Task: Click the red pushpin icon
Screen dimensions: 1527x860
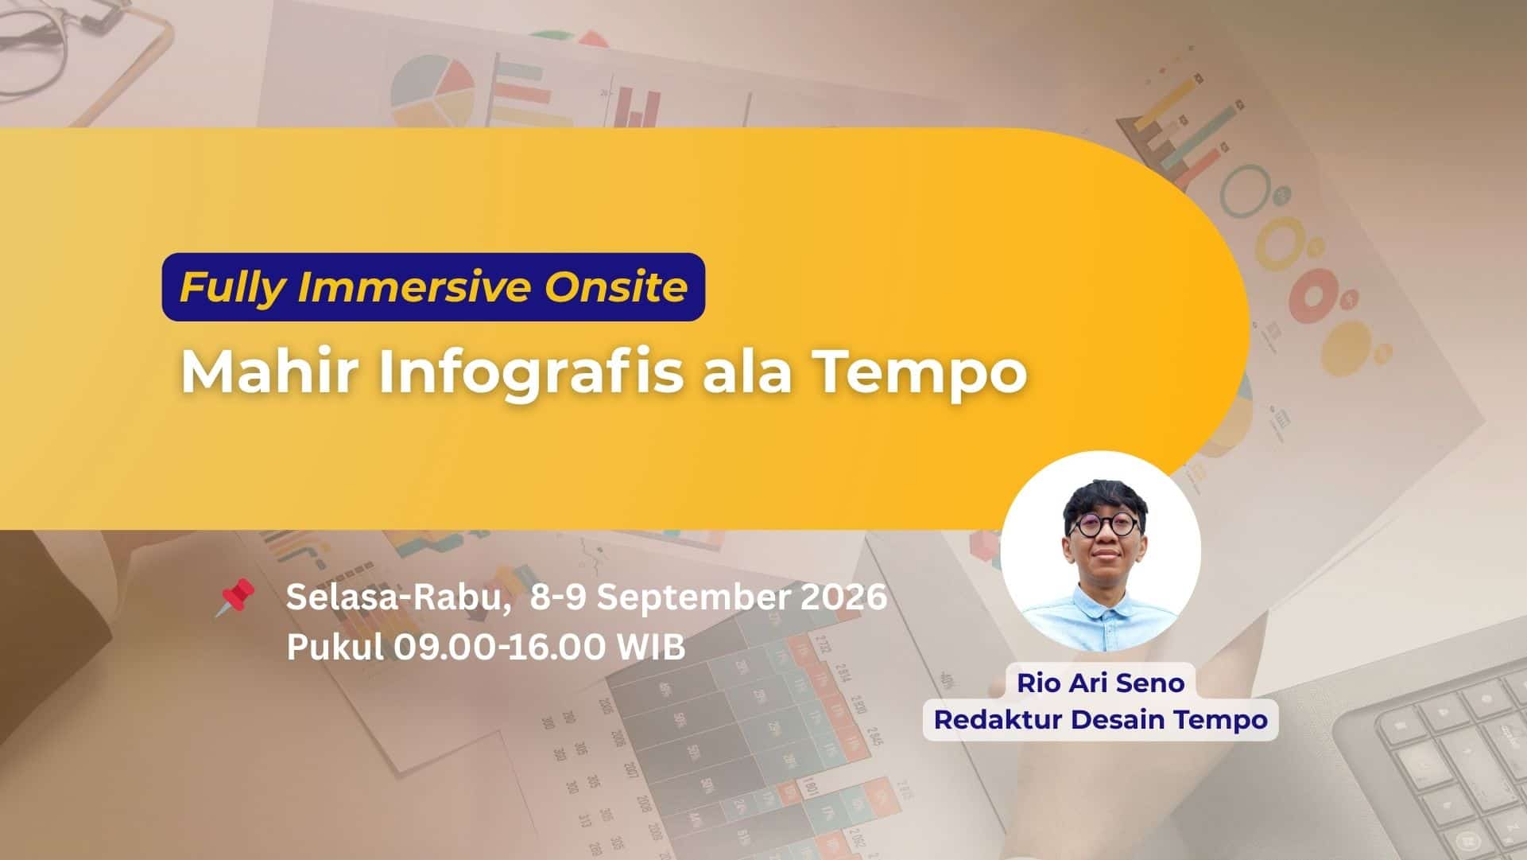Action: tap(235, 597)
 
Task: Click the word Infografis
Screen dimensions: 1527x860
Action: tap(530, 371)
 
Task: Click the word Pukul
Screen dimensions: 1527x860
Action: tap(335, 648)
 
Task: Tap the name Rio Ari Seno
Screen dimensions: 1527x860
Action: tap(1100, 683)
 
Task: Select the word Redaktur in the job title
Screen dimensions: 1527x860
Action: tap(998, 719)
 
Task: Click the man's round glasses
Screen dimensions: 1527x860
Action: tap(1105, 526)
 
